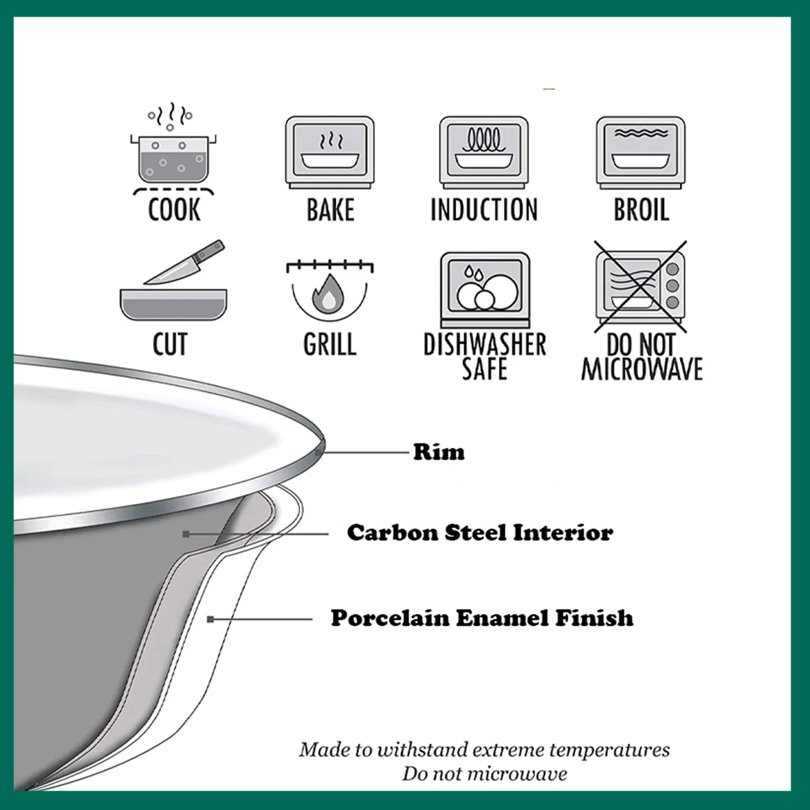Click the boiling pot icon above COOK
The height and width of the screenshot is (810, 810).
(x=173, y=148)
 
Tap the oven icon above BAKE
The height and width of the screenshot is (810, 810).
(x=330, y=152)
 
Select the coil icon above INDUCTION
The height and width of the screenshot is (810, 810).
(x=484, y=152)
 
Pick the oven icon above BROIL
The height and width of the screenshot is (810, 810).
(x=641, y=152)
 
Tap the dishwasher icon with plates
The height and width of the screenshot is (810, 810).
(x=485, y=289)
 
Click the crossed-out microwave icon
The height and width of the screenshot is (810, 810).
(x=640, y=287)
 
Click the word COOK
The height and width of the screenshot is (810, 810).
(x=174, y=210)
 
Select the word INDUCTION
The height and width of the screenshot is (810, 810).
(x=484, y=210)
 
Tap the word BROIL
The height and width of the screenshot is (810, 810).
(x=642, y=210)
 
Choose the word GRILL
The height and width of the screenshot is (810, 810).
(x=330, y=344)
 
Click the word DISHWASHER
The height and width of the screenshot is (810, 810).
(x=485, y=344)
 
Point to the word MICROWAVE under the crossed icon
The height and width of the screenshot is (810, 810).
(x=642, y=369)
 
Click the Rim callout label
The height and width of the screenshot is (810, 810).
(x=438, y=452)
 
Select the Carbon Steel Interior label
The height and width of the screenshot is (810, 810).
(x=480, y=532)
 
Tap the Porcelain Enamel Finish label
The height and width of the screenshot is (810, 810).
(x=482, y=618)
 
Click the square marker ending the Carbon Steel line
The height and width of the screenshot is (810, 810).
(x=186, y=534)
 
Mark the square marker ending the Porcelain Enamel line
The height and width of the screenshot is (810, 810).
(x=211, y=619)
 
